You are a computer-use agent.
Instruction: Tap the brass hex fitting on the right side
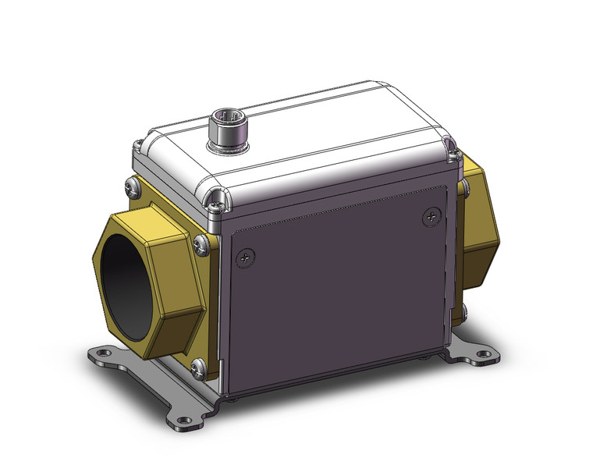[478, 211]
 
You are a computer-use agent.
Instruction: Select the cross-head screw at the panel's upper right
[430, 216]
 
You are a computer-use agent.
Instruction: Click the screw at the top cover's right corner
[449, 143]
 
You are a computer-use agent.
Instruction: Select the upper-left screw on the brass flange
[130, 186]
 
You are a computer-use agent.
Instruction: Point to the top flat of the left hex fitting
[148, 220]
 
